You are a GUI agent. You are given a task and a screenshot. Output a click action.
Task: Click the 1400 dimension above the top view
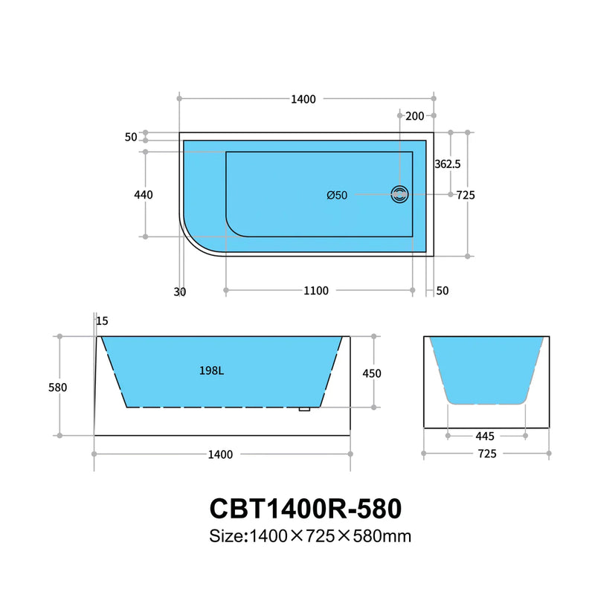(x=304, y=99)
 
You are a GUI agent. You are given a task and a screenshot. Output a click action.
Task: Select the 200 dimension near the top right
(x=415, y=116)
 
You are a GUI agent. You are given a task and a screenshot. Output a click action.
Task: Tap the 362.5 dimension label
(x=448, y=164)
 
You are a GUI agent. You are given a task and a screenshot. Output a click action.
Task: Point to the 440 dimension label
(x=144, y=195)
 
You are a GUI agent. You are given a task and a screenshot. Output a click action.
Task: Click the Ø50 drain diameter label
(x=337, y=196)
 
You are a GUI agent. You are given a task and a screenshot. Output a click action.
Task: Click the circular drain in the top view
(x=400, y=195)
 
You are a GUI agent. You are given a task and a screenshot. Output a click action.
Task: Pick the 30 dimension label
(x=179, y=292)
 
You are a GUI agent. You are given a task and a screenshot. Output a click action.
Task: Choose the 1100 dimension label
(x=316, y=292)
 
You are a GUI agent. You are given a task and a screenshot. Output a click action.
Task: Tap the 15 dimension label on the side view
(x=102, y=321)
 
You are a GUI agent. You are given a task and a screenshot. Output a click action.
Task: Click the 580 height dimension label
(x=58, y=387)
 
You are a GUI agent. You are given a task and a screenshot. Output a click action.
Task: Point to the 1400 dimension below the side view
(x=220, y=454)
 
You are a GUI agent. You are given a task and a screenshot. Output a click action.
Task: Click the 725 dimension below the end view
(x=487, y=453)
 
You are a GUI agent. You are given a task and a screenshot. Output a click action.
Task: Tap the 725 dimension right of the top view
(x=466, y=195)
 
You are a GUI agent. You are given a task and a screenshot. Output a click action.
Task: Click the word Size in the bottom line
(x=227, y=535)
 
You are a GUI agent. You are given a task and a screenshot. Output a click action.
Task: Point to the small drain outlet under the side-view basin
(x=303, y=408)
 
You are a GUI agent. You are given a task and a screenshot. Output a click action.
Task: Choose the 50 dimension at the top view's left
(x=131, y=137)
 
